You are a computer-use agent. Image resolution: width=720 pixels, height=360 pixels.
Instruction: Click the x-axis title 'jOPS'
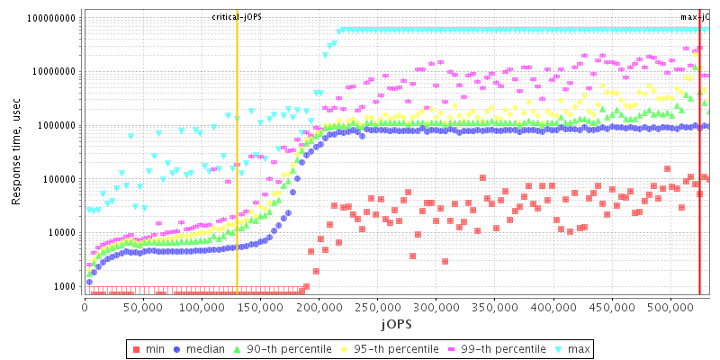(x=396, y=322)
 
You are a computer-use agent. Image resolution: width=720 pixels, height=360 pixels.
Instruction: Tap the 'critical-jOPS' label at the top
(x=237, y=17)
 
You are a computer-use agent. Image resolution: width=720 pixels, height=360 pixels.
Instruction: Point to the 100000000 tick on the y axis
(x=51, y=18)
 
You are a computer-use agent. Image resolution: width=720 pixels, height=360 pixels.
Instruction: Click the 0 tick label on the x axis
(x=84, y=307)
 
